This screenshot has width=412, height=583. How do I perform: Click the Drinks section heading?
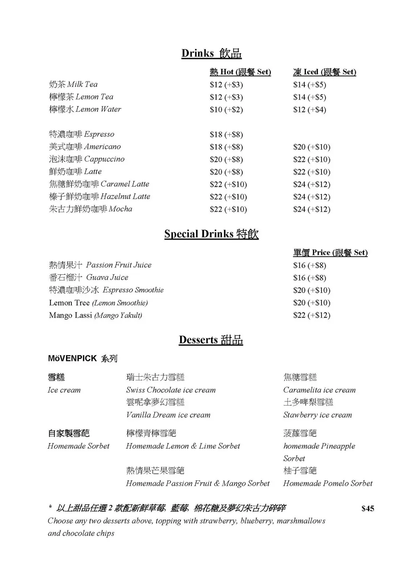211,53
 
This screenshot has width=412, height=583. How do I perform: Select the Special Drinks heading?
211,234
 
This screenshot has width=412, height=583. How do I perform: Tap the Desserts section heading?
211,340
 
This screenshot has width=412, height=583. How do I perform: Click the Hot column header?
240,72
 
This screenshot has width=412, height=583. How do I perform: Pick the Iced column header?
324,72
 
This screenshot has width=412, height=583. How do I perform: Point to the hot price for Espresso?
226,135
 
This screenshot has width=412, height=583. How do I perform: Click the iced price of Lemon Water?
309,110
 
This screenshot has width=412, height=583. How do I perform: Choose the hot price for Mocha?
228,209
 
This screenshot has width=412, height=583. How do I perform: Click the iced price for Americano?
312,147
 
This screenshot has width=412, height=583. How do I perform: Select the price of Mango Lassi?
312,316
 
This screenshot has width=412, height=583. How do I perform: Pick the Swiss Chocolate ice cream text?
171,390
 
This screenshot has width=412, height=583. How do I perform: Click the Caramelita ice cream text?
319,390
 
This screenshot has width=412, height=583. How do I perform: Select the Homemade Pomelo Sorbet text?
328,483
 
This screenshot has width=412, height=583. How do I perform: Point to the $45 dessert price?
368,509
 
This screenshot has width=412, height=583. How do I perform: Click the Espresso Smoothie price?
312,290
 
